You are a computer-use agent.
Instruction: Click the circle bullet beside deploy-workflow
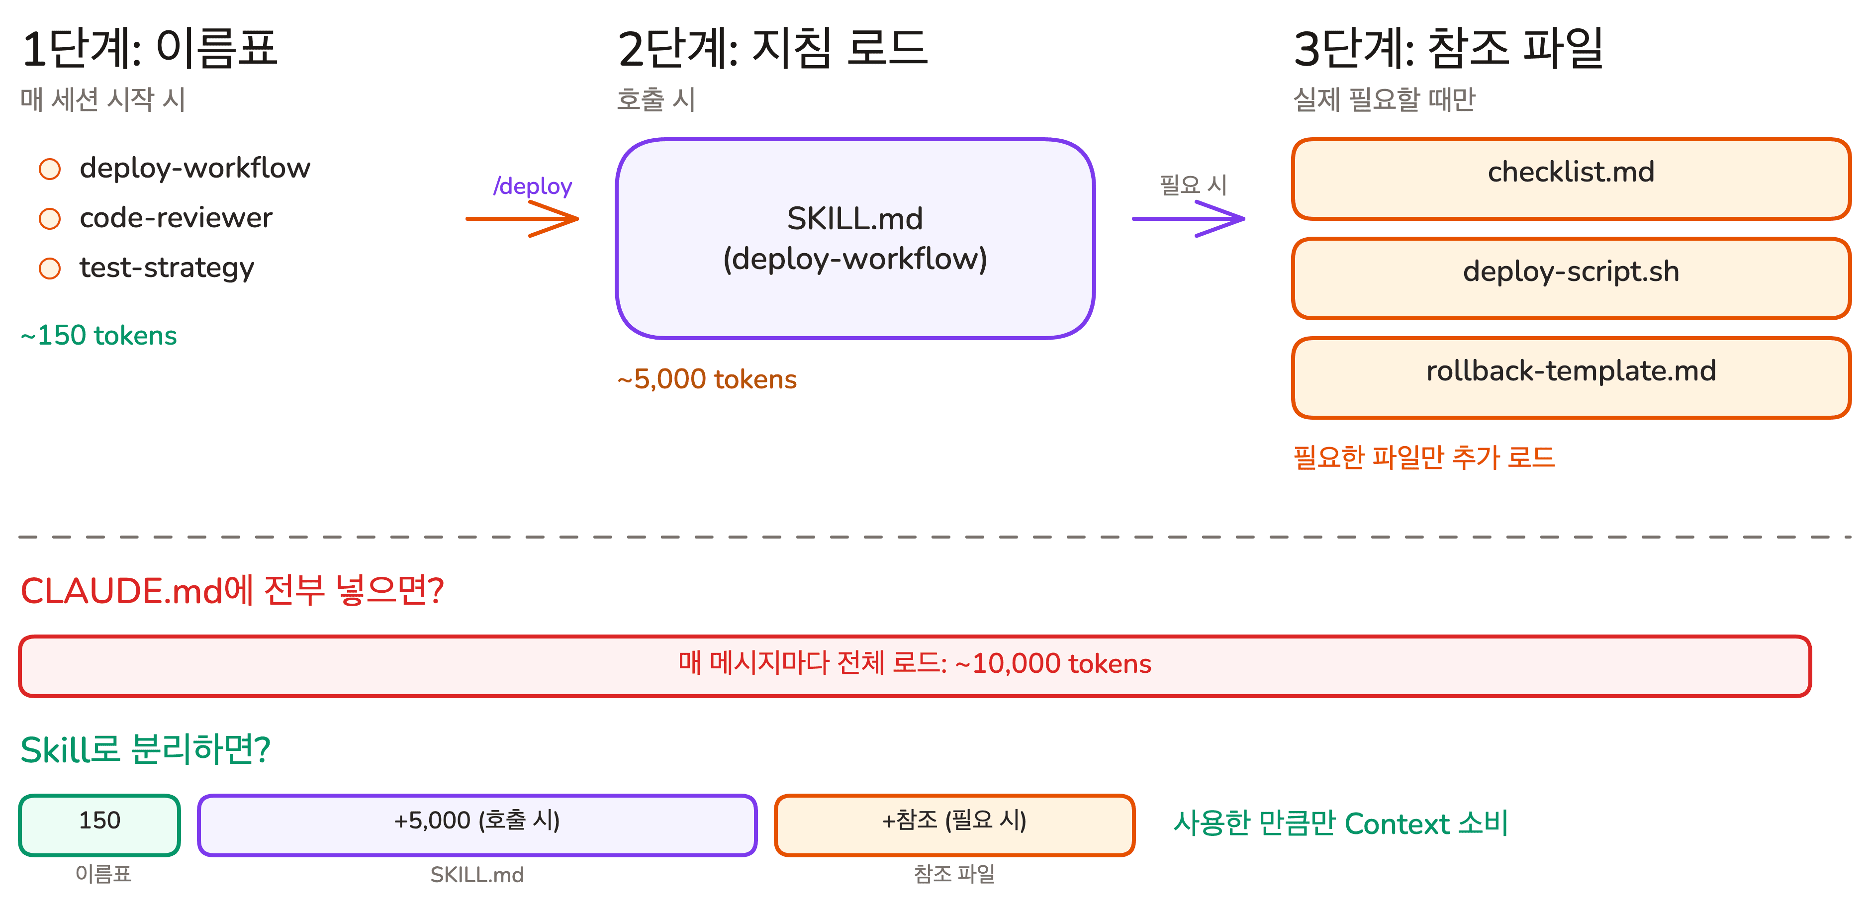[49, 169]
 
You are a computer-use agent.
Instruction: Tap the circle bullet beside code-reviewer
[49, 218]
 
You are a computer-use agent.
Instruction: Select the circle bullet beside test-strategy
[49, 269]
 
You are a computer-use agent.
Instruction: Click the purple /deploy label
[532, 186]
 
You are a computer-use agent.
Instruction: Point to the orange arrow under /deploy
[523, 218]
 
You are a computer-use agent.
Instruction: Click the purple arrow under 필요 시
[1189, 218]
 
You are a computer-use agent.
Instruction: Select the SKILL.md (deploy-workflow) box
[854, 239]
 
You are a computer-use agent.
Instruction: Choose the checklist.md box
[1571, 179]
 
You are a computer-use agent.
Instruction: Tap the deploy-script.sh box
[1571, 278]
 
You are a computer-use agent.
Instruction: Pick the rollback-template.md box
[1571, 377]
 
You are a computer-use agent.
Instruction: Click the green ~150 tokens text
[99, 335]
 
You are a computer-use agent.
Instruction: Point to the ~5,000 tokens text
[707, 379]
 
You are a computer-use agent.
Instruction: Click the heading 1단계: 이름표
[150, 49]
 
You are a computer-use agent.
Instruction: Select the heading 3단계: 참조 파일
[1448, 49]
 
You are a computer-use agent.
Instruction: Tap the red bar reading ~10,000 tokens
[915, 665]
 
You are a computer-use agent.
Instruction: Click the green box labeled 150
[99, 824]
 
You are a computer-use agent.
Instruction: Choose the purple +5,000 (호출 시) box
[477, 824]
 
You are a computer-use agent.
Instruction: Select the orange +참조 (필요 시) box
[954, 824]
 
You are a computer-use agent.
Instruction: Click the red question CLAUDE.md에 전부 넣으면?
[232, 590]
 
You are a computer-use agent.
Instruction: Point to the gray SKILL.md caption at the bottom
[477, 875]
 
